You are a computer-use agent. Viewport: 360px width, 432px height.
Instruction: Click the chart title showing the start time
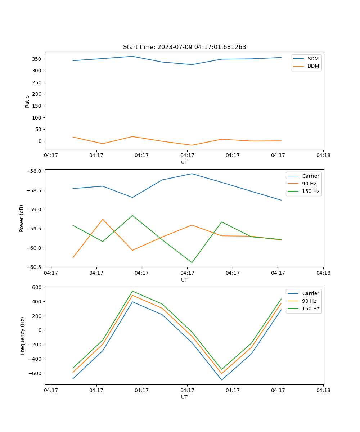(x=184, y=47)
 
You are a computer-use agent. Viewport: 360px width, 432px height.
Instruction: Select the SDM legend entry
(x=313, y=58)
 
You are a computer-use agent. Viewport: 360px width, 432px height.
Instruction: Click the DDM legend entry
(x=313, y=66)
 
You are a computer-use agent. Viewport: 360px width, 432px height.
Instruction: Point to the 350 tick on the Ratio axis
(x=37, y=59)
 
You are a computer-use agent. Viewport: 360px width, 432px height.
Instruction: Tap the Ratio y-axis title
(x=27, y=101)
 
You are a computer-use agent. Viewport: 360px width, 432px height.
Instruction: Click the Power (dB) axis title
(x=22, y=218)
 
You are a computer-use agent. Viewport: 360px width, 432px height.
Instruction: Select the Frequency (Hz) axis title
(x=23, y=336)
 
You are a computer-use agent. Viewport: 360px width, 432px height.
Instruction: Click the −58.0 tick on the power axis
(x=35, y=171)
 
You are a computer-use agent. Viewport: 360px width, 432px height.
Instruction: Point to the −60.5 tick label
(x=35, y=267)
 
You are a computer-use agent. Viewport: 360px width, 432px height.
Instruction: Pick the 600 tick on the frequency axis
(x=37, y=287)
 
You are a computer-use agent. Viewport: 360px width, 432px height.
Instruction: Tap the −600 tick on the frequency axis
(x=36, y=373)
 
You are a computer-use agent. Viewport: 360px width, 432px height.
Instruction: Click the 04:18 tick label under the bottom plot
(x=323, y=390)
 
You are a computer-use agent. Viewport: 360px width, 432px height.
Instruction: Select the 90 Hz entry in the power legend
(x=309, y=184)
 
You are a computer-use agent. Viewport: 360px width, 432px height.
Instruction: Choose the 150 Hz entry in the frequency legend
(x=311, y=309)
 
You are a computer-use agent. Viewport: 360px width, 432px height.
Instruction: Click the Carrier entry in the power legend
(x=310, y=176)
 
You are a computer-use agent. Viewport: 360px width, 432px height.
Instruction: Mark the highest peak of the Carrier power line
(x=192, y=174)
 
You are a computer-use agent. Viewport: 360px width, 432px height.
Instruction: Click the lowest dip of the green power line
(x=192, y=262)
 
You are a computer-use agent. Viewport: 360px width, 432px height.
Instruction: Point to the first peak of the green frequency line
(x=132, y=291)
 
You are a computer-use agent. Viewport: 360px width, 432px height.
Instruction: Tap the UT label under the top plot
(x=184, y=162)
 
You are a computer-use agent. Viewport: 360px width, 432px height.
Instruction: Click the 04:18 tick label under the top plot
(x=323, y=156)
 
